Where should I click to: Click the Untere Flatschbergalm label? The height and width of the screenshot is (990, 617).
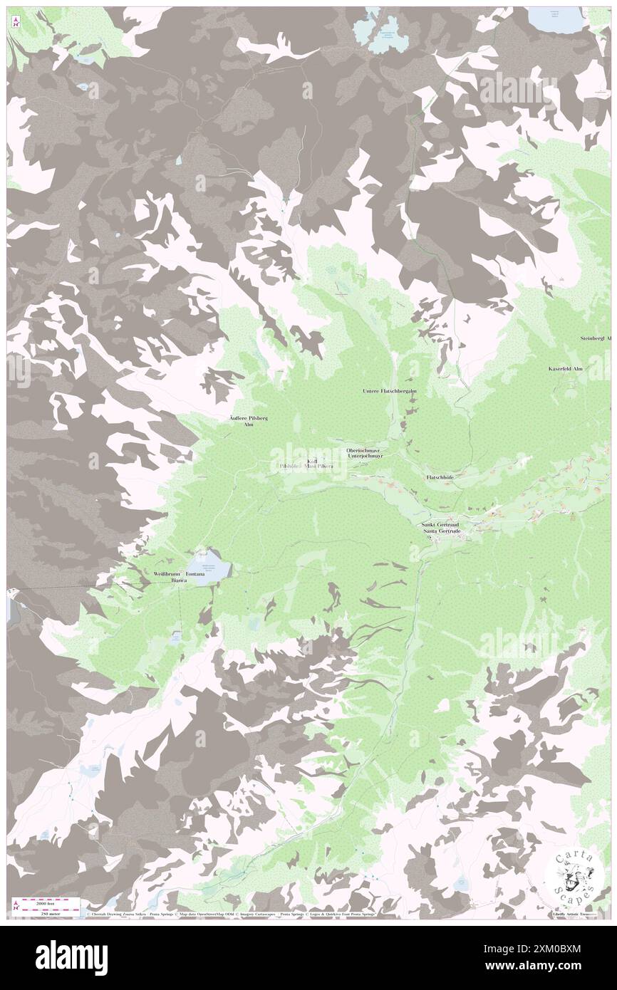click(x=389, y=392)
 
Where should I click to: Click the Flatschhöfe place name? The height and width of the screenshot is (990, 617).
click(x=440, y=476)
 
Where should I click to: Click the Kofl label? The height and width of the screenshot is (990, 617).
click(x=312, y=460)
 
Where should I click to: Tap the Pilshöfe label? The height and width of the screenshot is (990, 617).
click(x=290, y=466)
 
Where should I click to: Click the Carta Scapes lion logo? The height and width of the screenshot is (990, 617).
click(x=572, y=875)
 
